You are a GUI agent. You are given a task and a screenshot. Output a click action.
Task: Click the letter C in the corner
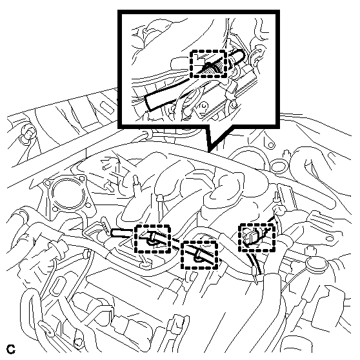coord(10,349)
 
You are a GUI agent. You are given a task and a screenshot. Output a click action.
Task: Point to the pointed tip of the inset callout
coord(208,152)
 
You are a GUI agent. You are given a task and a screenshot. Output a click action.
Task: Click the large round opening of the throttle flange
coord(66,191)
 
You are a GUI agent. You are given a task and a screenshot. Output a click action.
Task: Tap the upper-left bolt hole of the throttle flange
coord(47,183)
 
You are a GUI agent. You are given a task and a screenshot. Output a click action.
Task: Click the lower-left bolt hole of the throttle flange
coord(55,208)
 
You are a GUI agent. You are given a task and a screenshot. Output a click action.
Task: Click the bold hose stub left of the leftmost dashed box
coord(121,233)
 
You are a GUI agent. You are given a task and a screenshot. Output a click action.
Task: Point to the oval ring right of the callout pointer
coord(277,166)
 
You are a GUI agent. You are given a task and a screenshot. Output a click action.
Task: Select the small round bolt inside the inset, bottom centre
coord(203,106)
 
